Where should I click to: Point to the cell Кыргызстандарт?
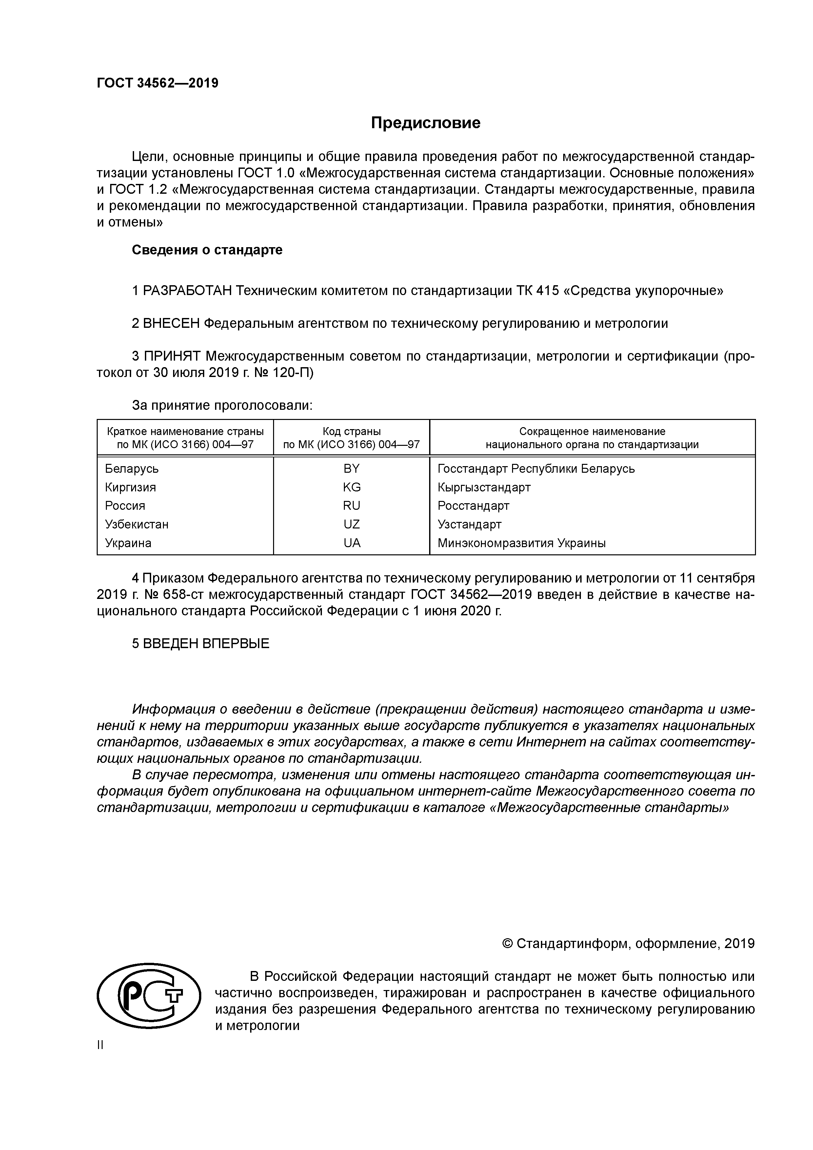pyautogui.click(x=484, y=487)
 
